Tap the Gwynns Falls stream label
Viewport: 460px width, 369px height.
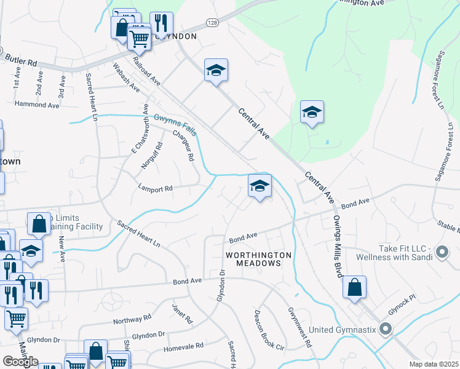click(175, 122)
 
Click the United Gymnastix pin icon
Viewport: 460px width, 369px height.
click(386, 329)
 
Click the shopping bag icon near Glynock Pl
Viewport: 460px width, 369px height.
click(354, 287)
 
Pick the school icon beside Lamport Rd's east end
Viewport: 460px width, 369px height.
click(260, 186)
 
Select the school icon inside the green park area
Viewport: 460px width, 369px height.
click(312, 113)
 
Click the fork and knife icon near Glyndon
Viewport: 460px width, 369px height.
click(161, 23)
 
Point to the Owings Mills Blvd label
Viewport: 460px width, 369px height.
click(338, 246)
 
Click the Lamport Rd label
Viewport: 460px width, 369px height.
click(156, 189)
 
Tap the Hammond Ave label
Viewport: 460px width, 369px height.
click(37, 105)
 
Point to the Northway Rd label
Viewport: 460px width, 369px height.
click(132, 320)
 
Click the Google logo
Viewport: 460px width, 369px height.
click(20, 362)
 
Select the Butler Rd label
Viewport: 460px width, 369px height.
click(22, 60)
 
